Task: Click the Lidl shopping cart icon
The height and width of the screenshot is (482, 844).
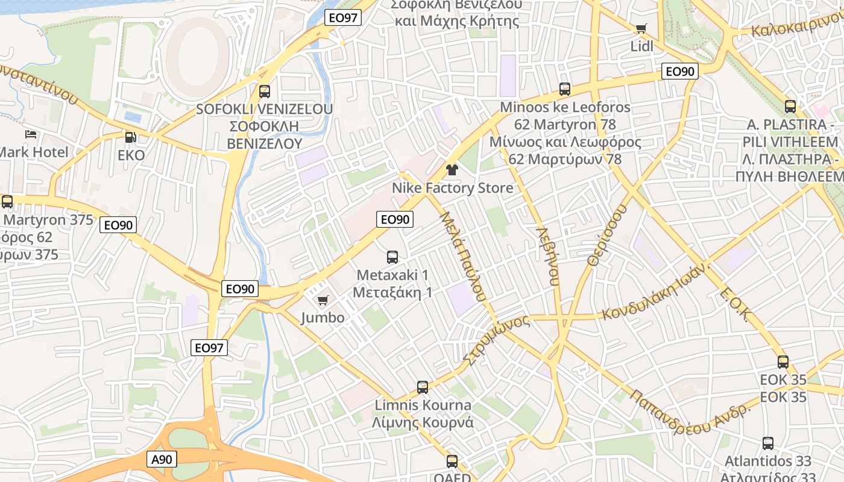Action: pos(641,29)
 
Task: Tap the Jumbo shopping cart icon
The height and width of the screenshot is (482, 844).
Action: pos(323,300)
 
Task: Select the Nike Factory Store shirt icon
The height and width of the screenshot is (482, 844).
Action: pos(452,170)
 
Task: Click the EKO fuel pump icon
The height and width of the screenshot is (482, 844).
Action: pos(131,137)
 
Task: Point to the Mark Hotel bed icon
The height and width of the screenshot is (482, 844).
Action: pos(31,134)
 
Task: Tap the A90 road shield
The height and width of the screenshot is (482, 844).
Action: pos(162,460)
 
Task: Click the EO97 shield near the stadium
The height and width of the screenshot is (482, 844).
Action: pos(343,18)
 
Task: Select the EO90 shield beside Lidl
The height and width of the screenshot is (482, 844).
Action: pos(679,72)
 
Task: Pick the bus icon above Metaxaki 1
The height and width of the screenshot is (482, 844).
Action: pos(392,257)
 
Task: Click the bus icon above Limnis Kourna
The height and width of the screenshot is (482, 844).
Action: pos(423,387)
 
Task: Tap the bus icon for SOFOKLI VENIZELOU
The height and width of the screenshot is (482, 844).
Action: pos(264,92)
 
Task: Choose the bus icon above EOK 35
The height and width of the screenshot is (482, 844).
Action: pos(783,362)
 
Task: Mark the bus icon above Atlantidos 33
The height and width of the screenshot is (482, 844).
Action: pos(768,443)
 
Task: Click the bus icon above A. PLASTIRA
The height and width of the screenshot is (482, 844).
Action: pos(790,107)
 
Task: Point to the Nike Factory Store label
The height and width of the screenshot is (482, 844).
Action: pos(453,188)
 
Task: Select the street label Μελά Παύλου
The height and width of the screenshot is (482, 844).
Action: pos(462,255)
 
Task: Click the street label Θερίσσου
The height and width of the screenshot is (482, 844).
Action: pos(606,235)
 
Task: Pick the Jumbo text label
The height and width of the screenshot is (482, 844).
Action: pos(323,318)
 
